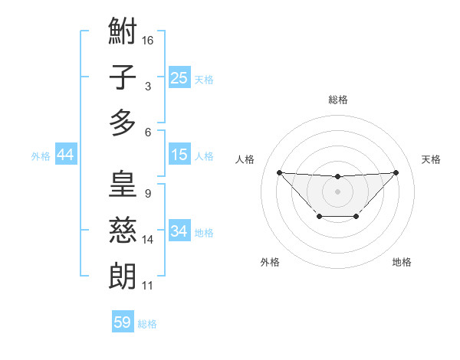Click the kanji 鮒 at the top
click(123, 32)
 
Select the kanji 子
click(123, 77)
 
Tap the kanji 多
click(123, 123)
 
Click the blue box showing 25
click(179, 77)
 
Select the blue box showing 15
click(179, 155)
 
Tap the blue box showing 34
click(179, 231)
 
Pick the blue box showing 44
click(66, 155)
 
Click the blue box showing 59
click(123, 322)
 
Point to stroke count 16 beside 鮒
click(149, 39)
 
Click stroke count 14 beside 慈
click(149, 240)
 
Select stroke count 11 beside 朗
click(148, 286)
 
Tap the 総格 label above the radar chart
click(338, 100)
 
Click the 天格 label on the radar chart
click(432, 159)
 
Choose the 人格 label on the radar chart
click(245, 159)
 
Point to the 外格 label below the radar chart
click(270, 263)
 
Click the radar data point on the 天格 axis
click(396, 172)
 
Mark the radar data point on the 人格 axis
click(279, 172)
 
